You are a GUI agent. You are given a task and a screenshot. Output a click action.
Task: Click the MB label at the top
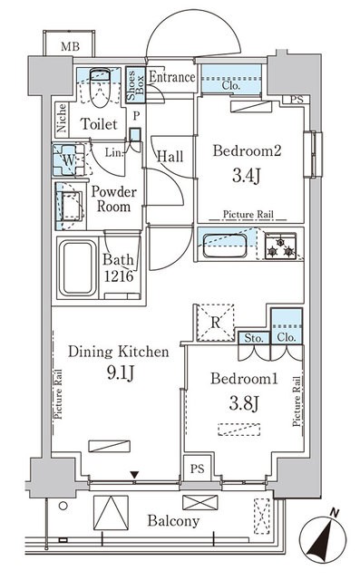[x=70, y=46]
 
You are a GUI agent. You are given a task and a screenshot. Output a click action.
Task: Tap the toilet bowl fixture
[x=101, y=87]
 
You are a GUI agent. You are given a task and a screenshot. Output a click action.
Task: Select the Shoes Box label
[x=135, y=84]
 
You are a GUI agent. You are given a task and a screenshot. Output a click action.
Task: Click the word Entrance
[x=171, y=77]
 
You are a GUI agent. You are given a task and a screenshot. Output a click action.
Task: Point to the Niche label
[x=62, y=118]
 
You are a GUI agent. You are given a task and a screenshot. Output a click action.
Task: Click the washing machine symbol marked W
[x=69, y=159]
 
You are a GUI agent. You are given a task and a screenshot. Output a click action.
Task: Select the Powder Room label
[x=113, y=199]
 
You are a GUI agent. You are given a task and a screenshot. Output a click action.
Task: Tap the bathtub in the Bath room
[x=78, y=268]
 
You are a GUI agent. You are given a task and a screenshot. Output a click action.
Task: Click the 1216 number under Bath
[x=119, y=275]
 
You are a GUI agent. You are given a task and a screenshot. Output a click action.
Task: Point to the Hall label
[x=170, y=156]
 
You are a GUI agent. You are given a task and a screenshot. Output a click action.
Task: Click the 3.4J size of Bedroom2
[x=247, y=175]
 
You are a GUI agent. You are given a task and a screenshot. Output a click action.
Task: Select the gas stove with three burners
[x=281, y=246]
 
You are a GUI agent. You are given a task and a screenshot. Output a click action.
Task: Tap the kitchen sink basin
[x=225, y=246]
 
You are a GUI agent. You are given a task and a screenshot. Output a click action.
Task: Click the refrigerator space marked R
[x=215, y=323]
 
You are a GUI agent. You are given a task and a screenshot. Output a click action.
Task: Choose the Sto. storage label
[x=254, y=338]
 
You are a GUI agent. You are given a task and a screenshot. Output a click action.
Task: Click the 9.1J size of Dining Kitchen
[x=121, y=372]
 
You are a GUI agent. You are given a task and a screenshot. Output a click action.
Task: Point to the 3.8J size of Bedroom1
[x=243, y=403]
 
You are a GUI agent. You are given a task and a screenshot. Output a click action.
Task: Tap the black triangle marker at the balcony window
[x=134, y=475]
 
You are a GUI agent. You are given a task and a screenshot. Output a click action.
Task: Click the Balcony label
[x=173, y=521]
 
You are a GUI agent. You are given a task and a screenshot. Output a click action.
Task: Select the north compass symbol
[x=323, y=536]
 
